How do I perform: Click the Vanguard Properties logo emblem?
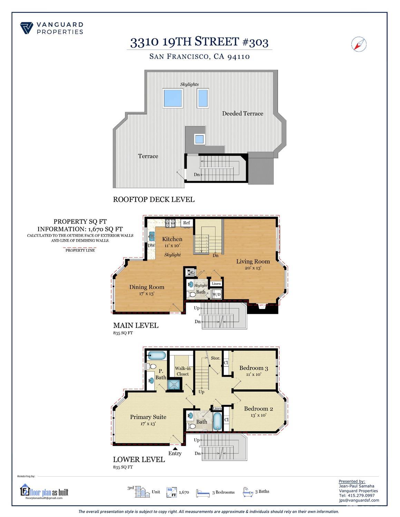click(27, 28)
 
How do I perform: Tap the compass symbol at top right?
click(359, 44)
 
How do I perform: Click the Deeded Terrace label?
click(242, 113)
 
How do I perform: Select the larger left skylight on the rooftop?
click(173, 98)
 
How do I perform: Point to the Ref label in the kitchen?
click(186, 223)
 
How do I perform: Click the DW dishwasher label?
click(151, 246)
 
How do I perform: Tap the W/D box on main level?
click(216, 294)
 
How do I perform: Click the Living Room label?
click(253, 261)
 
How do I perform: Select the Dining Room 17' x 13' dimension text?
click(147, 294)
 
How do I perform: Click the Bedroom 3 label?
click(253, 368)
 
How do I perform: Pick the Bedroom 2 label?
click(258, 409)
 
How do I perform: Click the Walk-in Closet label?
click(183, 371)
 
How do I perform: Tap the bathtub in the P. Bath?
click(157, 356)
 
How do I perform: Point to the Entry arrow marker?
click(175, 448)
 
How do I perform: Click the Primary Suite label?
click(148, 417)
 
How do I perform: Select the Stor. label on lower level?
click(215, 358)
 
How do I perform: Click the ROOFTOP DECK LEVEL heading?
click(154, 199)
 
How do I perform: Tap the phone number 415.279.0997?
click(357, 495)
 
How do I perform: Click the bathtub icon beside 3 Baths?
click(248, 492)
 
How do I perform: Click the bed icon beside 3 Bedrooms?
click(203, 493)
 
